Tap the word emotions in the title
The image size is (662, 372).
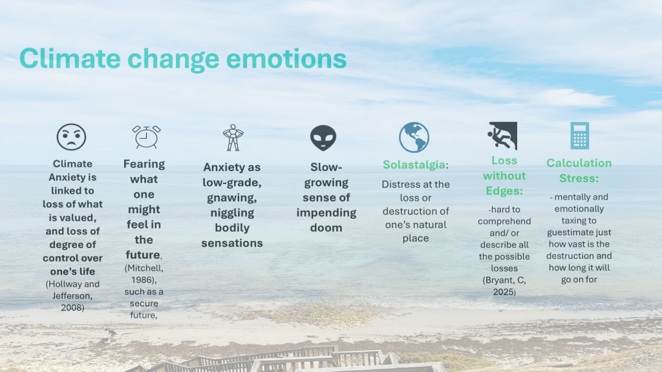point(286,59)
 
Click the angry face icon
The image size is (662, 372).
point(71,137)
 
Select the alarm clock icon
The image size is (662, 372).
point(146,137)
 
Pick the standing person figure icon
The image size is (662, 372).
point(233,138)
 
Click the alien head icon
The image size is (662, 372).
point(323,138)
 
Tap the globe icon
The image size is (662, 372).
point(414,138)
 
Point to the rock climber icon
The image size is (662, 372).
point(502,136)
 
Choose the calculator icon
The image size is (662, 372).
point(580,136)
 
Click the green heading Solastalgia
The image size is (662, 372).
point(414,165)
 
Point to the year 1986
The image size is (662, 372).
point(143,280)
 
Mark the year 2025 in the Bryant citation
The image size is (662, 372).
point(503,292)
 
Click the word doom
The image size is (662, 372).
point(326,228)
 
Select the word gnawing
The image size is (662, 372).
point(232,198)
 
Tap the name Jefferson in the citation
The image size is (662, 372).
point(72,296)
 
